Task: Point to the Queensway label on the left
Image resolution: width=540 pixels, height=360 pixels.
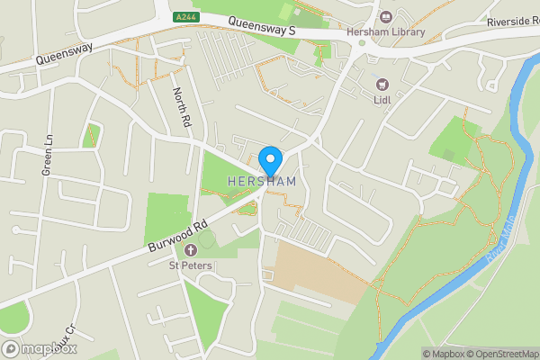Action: pyautogui.click(x=65, y=55)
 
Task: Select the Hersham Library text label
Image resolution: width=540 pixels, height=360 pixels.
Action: pyautogui.click(x=385, y=31)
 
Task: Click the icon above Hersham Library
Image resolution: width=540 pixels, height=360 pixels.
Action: pyautogui.click(x=385, y=16)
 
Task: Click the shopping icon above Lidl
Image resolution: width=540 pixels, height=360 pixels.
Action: pyautogui.click(x=382, y=84)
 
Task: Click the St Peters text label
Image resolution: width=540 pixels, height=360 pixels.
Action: pyautogui.click(x=191, y=265)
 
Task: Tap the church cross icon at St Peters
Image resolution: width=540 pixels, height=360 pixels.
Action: pyautogui.click(x=191, y=249)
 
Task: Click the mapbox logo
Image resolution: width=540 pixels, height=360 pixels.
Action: pyautogui.click(x=40, y=348)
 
